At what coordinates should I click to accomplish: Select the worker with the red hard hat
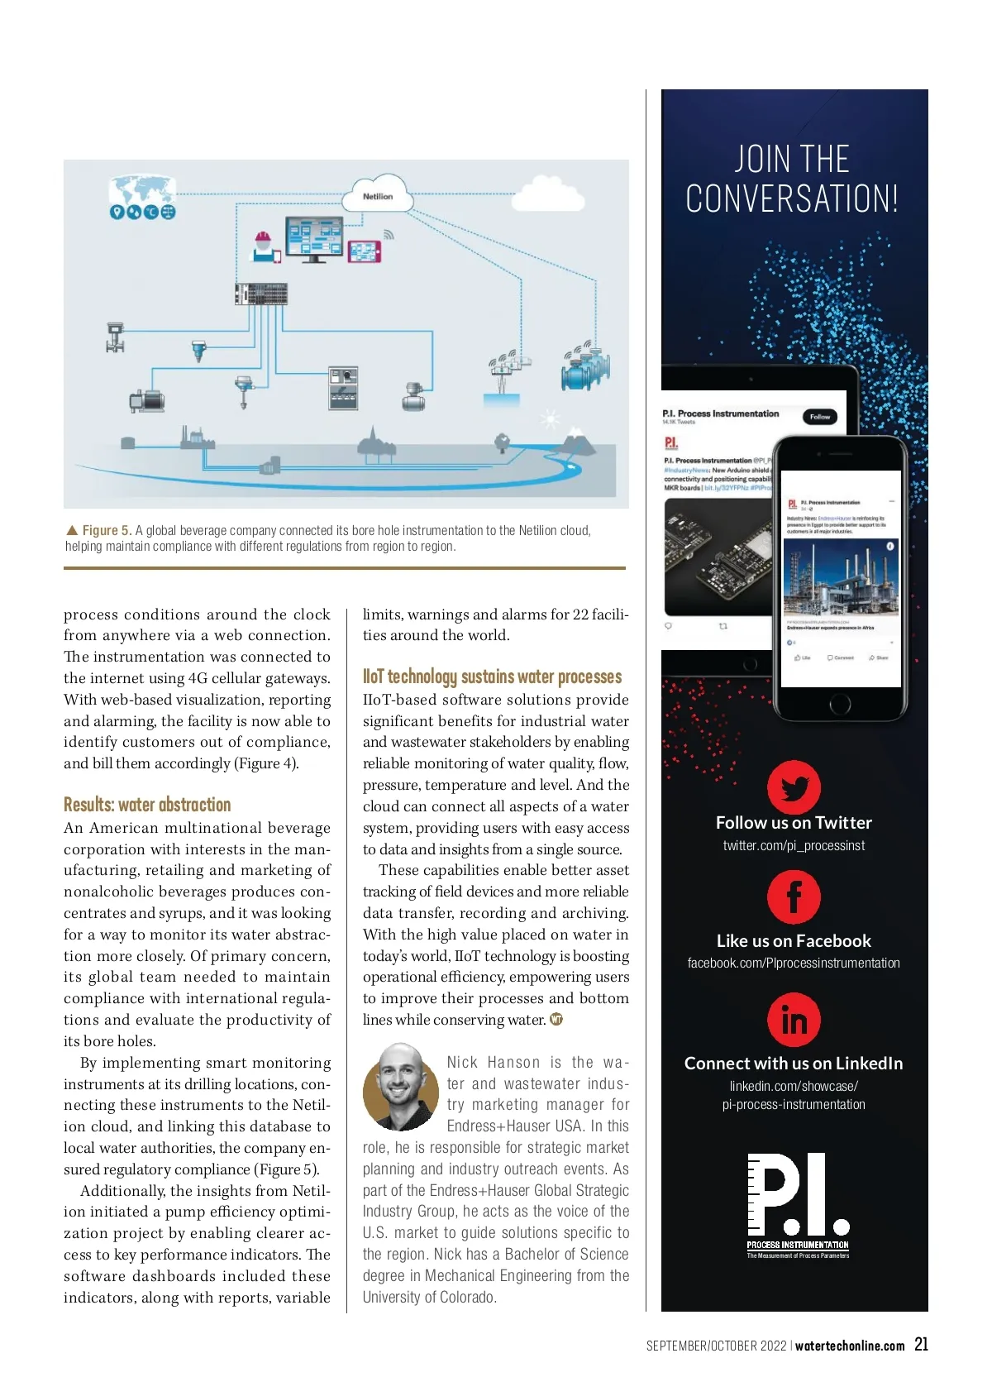263,246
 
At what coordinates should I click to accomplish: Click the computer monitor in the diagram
313,238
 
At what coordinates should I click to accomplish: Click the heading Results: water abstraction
147,805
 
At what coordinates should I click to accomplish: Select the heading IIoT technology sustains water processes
492,677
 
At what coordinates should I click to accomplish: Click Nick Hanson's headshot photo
400,1087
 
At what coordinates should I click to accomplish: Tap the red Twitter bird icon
794,787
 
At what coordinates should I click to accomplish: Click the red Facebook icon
794,897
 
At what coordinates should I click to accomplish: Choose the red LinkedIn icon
794,1020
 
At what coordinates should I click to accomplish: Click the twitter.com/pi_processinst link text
794,845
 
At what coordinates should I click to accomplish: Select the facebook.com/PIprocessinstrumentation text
794,963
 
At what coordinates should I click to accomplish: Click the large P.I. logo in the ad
797,1203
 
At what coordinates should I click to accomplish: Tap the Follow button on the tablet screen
819,417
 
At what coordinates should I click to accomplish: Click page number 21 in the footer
921,1345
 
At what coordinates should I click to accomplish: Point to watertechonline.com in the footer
850,1346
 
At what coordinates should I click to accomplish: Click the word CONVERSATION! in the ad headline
792,199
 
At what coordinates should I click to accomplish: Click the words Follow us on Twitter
794,822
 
